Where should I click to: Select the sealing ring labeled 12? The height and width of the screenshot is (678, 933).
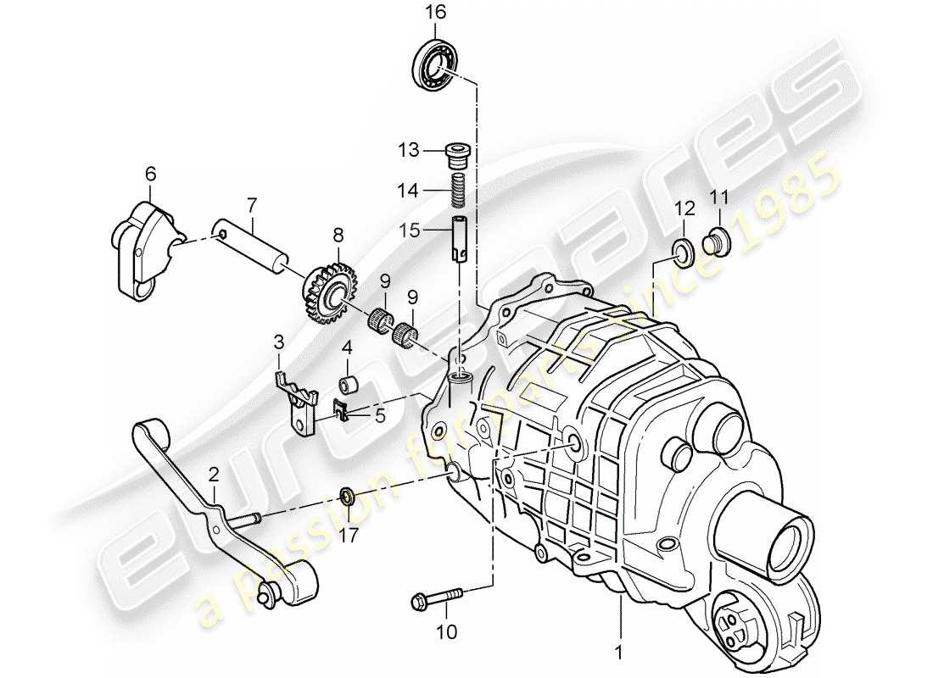click(x=683, y=248)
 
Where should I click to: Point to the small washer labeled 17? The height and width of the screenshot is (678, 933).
click(x=347, y=494)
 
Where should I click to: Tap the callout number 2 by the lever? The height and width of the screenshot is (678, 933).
click(x=213, y=473)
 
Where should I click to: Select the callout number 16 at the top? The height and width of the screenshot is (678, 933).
click(x=435, y=12)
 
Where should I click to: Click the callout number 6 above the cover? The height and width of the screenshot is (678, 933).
click(x=151, y=174)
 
